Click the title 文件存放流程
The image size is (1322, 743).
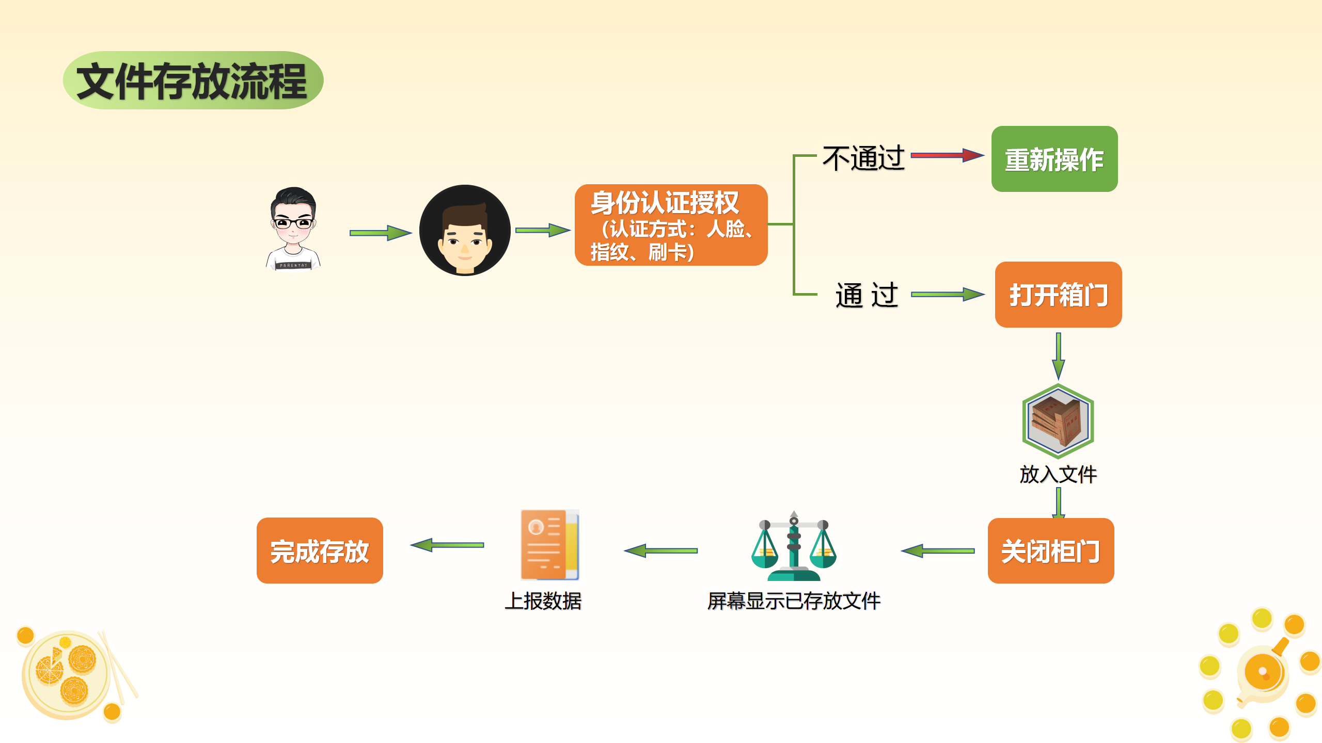point(193,81)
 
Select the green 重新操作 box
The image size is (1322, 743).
point(1054,159)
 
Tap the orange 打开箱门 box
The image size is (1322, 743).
point(1058,295)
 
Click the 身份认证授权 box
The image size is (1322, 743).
point(671,225)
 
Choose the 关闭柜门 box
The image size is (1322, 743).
point(1050,551)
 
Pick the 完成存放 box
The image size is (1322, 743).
point(320,551)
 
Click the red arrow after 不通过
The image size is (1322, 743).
point(947,155)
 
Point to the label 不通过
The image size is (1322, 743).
point(863,158)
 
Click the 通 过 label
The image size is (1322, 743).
point(867,295)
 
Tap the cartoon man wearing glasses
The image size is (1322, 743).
point(293,229)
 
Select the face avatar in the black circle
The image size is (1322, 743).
point(465,230)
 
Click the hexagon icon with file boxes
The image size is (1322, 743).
point(1058,421)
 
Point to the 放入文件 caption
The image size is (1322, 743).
point(1058,474)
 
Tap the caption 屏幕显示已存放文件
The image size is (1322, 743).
point(794,601)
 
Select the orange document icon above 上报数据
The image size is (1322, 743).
point(549,545)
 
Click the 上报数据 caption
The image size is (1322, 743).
point(543,601)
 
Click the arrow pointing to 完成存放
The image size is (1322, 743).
point(447,545)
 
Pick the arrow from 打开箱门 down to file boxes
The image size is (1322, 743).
point(1058,356)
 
